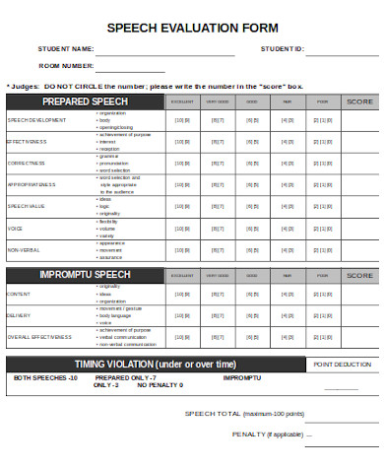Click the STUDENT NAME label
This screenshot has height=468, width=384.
click(x=66, y=48)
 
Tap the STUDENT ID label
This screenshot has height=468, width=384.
click(x=283, y=48)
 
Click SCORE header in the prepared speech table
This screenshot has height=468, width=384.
click(x=359, y=101)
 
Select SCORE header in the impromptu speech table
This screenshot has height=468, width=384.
click(x=359, y=273)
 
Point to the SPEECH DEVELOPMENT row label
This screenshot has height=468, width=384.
click(x=37, y=120)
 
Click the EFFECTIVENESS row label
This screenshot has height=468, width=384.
click(x=28, y=141)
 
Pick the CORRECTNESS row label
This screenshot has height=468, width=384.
click(x=27, y=162)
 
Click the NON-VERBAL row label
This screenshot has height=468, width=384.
click(x=25, y=250)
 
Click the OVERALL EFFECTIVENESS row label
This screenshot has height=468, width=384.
click(x=39, y=337)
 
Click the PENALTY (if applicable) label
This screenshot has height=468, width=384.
click(x=267, y=434)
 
